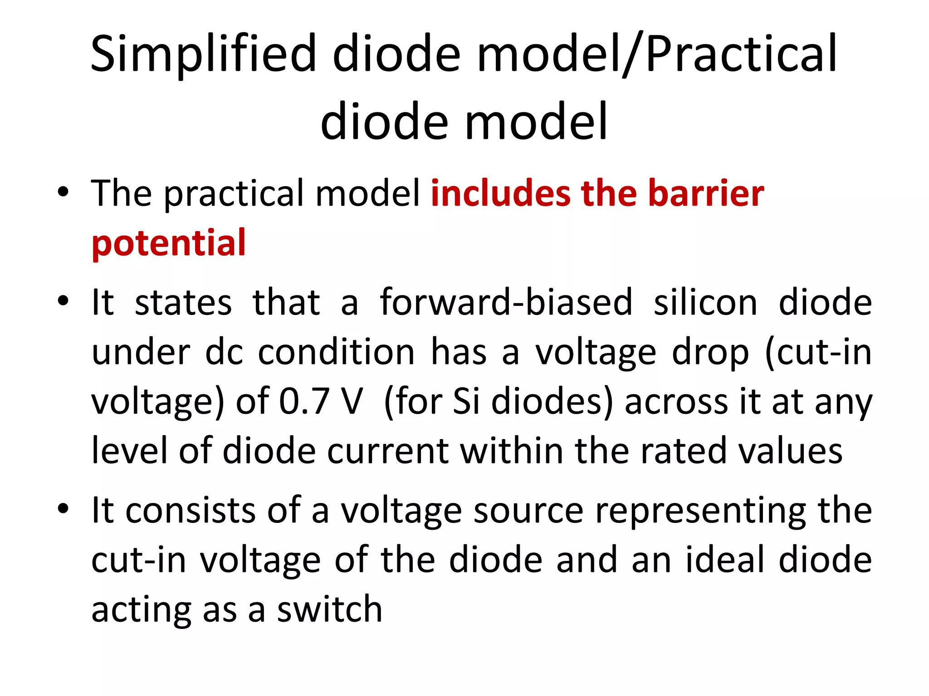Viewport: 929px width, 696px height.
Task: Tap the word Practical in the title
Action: tap(741, 54)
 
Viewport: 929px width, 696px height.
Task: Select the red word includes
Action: tap(500, 193)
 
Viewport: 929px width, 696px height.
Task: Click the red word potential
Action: tap(169, 243)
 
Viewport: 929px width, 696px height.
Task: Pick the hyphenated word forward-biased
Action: tap(506, 302)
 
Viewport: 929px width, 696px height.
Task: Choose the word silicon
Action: tap(705, 302)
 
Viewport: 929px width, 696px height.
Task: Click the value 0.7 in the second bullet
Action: tap(303, 401)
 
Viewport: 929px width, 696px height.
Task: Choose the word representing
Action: tap(701, 511)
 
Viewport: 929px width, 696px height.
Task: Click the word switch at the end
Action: tap(330, 609)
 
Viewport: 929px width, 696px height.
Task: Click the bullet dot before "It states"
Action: tap(63, 300)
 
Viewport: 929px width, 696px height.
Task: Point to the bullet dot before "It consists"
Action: tap(63, 508)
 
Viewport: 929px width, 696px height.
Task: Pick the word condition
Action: tap(336, 352)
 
